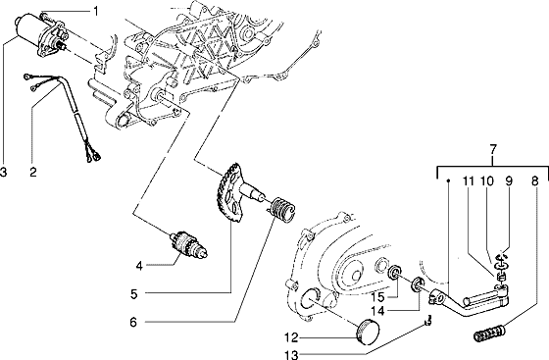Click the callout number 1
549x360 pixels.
pyautogui.click(x=96, y=11)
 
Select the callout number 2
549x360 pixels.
pyautogui.click(x=32, y=173)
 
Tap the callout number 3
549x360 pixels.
pyautogui.click(x=5, y=173)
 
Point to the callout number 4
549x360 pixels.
pyautogui.click(x=140, y=265)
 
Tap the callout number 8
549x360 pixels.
pyautogui.click(x=534, y=182)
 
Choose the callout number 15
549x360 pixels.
pyautogui.click(x=377, y=295)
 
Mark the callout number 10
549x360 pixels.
pyautogui.click(x=493, y=182)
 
